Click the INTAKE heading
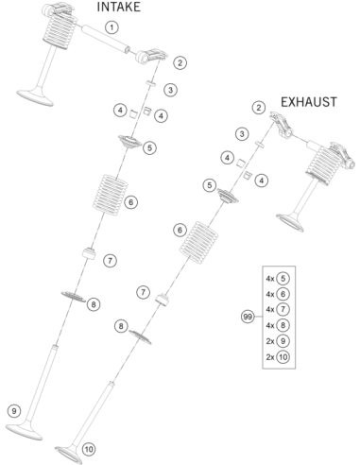[x=118, y=7]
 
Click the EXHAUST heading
[x=309, y=102]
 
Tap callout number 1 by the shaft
[x=111, y=27]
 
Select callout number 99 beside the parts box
[x=248, y=317]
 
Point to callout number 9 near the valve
[x=14, y=411]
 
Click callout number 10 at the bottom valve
[x=89, y=449]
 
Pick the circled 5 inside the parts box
[x=283, y=279]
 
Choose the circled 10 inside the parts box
[x=283, y=357]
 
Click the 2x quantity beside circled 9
[x=270, y=341]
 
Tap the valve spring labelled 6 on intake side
[x=110, y=195]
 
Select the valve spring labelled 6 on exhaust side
[x=198, y=243]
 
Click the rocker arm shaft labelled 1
[x=106, y=39]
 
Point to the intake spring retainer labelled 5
[x=129, y=142]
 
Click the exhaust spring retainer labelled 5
[x=228, y=196]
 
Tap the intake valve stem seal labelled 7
[x=88, y=253]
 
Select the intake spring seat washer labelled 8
[x=74, y=296]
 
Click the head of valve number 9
[x=24, y=432]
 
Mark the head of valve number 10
[x=68, y=455]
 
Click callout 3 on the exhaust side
[x=242, y=134]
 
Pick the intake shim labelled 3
[x=151, y=83]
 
